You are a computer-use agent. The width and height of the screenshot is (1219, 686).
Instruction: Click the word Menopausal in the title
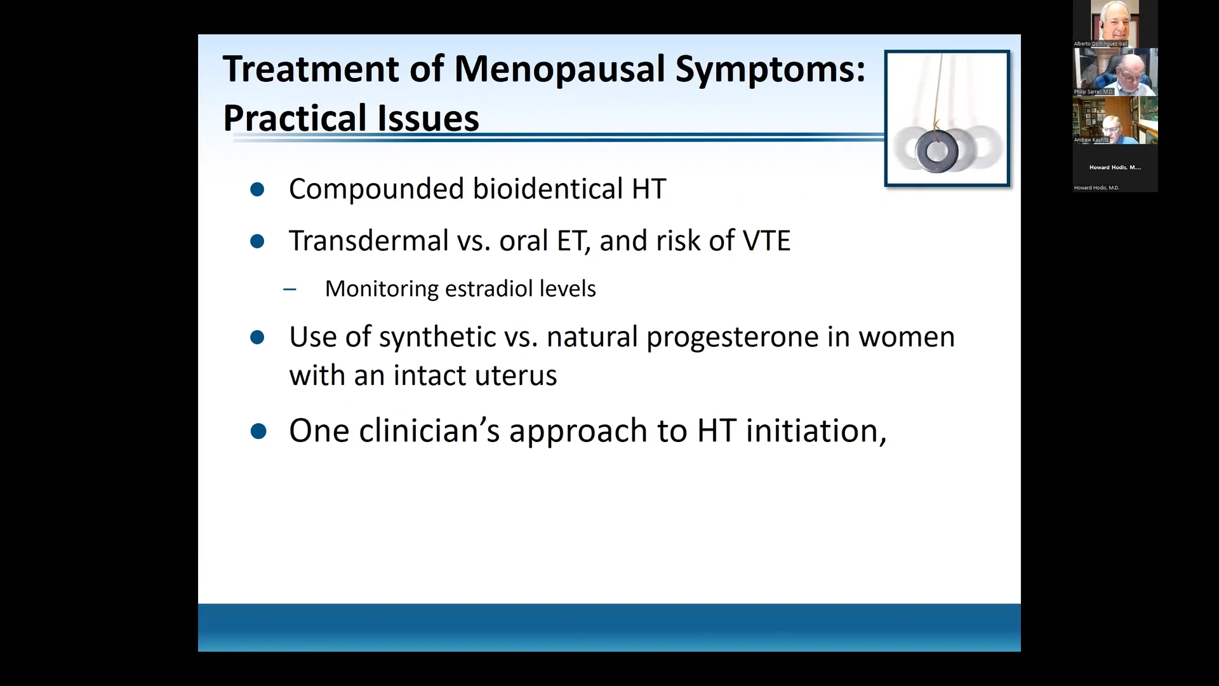pos(559,69)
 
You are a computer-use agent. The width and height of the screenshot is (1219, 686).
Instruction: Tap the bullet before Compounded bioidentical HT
pos(257,189)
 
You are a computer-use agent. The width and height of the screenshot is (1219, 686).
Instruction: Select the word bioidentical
pos(548,189)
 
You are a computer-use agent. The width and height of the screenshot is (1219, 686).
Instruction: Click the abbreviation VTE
pos(766,241)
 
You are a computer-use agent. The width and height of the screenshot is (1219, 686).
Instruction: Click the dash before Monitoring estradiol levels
pos(290,290)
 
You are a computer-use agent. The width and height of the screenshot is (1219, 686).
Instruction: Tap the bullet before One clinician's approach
pos(258,432)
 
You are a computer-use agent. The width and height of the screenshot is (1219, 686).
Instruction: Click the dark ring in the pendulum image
pos(936,151)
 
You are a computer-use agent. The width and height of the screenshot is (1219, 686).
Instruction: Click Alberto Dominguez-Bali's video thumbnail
pos(1115,23)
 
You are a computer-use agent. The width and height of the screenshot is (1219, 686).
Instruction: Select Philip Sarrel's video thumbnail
pos(1115,71)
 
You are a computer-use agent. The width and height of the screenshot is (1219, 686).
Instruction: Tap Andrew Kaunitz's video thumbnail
pos(1115,120)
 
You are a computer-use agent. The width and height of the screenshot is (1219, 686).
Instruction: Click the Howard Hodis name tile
pos(1115,168)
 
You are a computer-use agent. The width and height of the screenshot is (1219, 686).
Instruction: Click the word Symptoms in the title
pos(769,69)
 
